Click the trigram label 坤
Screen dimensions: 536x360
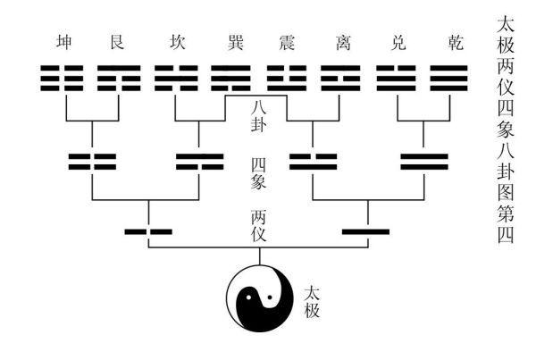(x=64, y=43)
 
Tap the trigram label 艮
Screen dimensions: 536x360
(x=117, y=43)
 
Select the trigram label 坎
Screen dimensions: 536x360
(x=177, y=43)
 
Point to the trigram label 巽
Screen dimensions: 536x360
(x=236, y=43)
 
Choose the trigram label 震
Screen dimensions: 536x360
(x=287, y=43)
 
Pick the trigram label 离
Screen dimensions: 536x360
(x=343, y=43)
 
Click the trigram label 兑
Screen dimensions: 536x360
(x=398, y=43)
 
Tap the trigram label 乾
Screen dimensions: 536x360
(x=456, y=43)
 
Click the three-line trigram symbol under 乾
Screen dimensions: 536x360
(x=448, y=79)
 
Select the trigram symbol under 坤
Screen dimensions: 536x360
(x=62, y=79)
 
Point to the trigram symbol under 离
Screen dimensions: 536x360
(x=340, y=79)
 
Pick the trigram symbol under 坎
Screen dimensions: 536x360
(x=176, y=79)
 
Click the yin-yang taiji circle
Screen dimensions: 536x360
(x=260, y=298)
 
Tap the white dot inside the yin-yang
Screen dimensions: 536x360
(x=248, y=297)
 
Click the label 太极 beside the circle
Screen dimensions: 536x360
(x=312, y=302)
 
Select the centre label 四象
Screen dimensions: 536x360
(x=259, y=173)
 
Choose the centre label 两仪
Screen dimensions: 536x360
(x=259, y=226)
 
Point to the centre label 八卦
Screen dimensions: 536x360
(x=259, y=117)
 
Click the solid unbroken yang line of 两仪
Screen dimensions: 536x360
(x=365, y=231)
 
